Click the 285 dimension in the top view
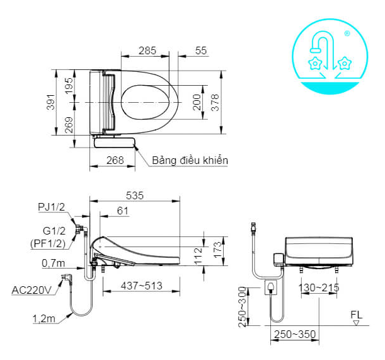[x=147, y=50]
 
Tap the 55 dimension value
[x=201, y=50]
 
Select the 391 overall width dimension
[x=51, y=102]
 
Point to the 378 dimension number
[x=215, y=103]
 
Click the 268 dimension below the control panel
[x=115, y=160]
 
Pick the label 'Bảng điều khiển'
[x=190, y=160]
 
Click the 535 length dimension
[x=135, y=195]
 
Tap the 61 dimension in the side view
[x=122, y=211]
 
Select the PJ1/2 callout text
[x=51, y=207]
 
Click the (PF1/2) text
[x=48, y=243]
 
